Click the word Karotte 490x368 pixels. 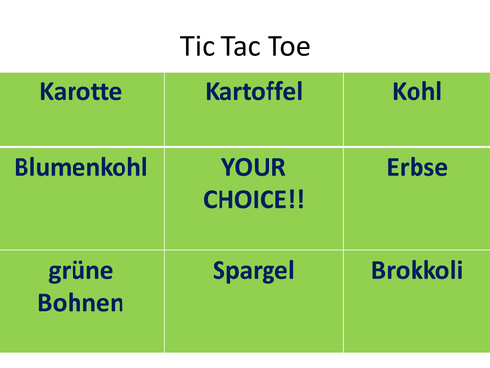coord(80,93)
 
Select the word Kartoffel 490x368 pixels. coord(254,93)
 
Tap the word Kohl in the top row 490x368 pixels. coord(416,93)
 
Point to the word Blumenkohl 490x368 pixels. coord(80,168)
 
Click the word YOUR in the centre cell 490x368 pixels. coord(254,168)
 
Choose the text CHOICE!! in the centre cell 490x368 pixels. coord(254,200)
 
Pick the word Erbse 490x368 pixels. coord(416,168)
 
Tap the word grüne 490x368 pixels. coord(80,272)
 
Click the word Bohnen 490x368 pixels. coord(80,303)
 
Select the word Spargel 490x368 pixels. coord(254,271)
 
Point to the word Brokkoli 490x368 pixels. coord(416,271)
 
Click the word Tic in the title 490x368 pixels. coord(195,46)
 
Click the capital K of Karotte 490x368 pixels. coord(46,93)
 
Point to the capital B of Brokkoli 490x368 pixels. coord(378,271)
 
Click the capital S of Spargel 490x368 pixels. coord(220,271)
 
